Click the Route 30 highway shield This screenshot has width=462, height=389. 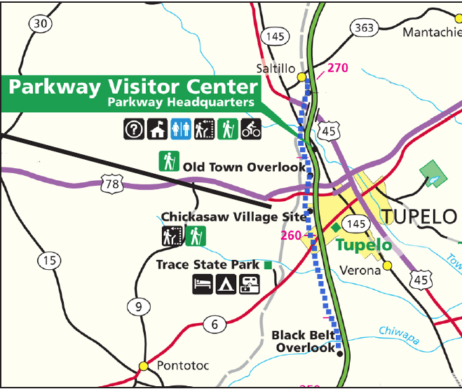(41, 24)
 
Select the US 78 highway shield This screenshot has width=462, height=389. (111, 185)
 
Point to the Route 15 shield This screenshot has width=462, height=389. (48, 261)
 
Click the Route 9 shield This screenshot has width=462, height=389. (138, 306)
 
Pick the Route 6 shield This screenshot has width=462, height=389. (215, 324)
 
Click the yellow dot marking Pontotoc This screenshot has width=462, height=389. (144, 366)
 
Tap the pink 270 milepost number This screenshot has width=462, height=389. (337, 69)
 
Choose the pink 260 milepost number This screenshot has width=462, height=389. (290, 235)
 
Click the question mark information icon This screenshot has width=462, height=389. (134, 129)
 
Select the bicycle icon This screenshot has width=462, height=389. (251, 129)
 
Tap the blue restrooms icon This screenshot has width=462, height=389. (181, 129)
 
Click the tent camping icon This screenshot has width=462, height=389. (226, 284)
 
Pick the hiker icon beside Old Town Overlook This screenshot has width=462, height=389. (169, 162)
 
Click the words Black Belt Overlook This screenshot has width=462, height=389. (304, 341)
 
